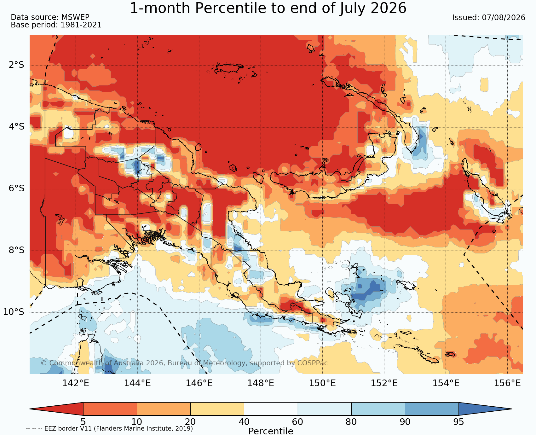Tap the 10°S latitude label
[x=14, y=312]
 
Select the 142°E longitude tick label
[x=76, y=383]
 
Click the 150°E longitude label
[x=322, y=383]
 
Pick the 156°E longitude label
[x=507, y=383]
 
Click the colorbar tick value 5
[x=83, y=422]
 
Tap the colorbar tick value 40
[x=244, y=422]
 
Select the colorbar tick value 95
[x=458, y=422]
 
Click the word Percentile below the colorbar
[x=271, y=431]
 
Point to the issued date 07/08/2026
[x=504, y=18]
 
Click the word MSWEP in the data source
[x=75, y=17]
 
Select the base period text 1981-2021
[x=81, y=25]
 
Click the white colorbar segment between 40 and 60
[x=271, y=409]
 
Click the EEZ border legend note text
[x=109, y=429]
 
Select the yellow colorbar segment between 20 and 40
[x=217, y=409]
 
